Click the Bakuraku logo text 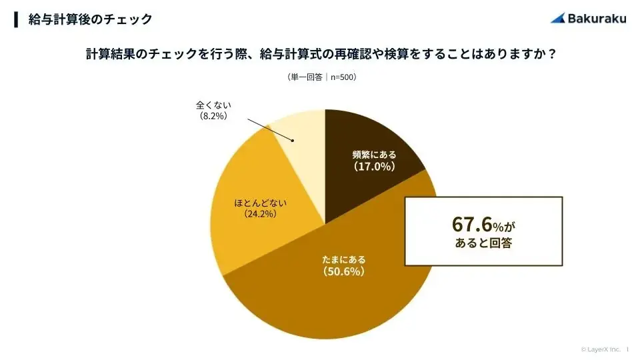coord(597,18)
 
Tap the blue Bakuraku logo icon coord(558,18)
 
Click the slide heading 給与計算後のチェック coord(90,19)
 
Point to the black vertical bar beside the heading coord(16,19)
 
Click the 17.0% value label coord(374,167)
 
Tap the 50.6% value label coord(344,272)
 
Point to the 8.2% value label coord(213,116)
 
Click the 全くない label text coord(213,105)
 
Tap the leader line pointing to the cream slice coord(270,130)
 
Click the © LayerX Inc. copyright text coord(600,349)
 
